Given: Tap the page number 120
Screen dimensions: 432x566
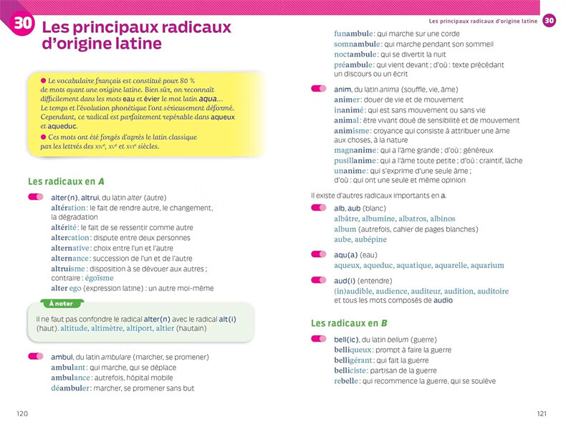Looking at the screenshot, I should [x=22, y=413].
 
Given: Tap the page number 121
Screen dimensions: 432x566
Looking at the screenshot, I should [x=542, y=413].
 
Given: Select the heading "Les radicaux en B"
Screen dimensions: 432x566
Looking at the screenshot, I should [x=349, y=323].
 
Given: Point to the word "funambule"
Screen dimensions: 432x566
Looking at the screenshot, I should [x=352, y=34].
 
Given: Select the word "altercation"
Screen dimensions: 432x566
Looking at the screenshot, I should [x=70, y=238].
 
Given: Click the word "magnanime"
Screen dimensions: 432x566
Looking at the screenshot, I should [x=354, y=150].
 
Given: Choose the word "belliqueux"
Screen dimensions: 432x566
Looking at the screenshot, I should [x=353, y=350].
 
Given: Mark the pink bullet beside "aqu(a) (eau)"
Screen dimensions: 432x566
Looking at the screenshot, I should [x=318, y=254].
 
